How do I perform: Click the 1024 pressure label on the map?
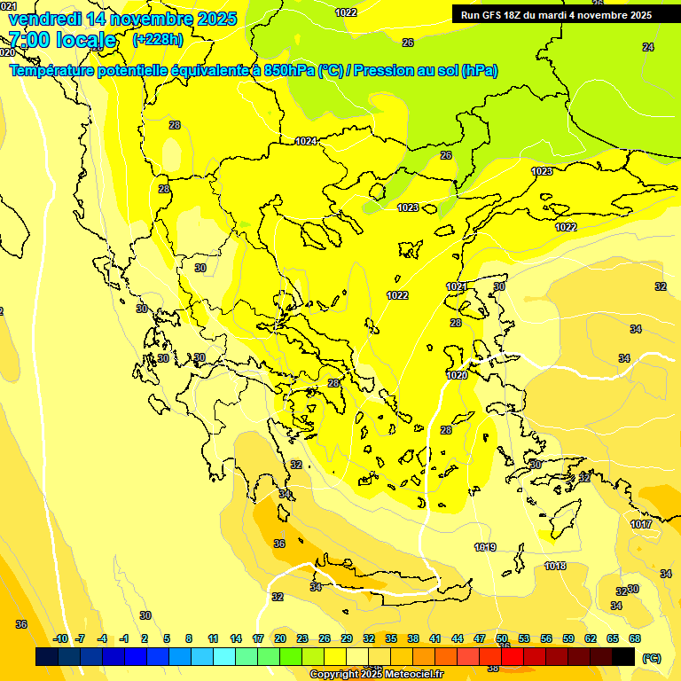pyautogui.click(x=307, y=141)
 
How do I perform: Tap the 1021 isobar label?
pyautogui.click(x=457, y=286)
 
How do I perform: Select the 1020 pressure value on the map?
pyautogui.click(x=457, y=375)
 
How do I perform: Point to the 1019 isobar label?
pyautogui.click(x=485, y=547)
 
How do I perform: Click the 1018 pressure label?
pyautogui.click(x=555, y=566)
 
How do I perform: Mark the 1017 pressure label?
pyautogui.click(x=641, y=524)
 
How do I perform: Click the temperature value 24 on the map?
pyautogui.click(x=648, y=47)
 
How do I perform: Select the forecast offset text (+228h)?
pyautogui.click(x=157, y=40)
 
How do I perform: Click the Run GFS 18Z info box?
pyautogui.click(x=557, y=15)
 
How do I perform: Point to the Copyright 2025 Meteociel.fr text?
pyautogui.click(x=376, y=674)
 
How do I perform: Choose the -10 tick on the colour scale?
pyautogui.click(x=60, y=638)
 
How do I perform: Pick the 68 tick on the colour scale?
pyautogui.click(x=635, y=638)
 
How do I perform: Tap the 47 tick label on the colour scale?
pyautogui.click(x=480, y=638)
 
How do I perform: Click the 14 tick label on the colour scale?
pyautogui.click(x=236, y=638)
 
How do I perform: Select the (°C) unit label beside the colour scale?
pyautogui.click(x=652, y=658)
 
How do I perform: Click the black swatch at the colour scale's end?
pyautogui.click(x=623, y=656)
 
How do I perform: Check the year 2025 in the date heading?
pyautogui.click(x=215, y=19)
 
